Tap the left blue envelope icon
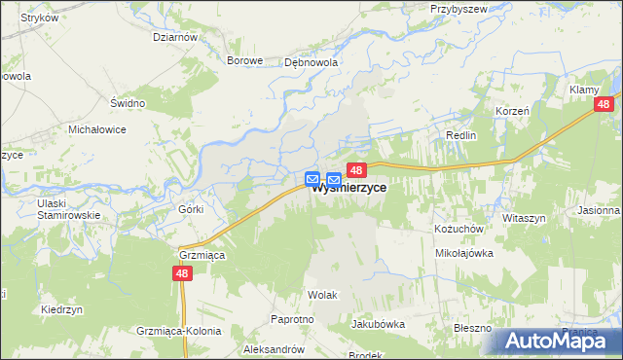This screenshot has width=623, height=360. [x=312, y=179]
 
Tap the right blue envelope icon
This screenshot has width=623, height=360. [x=334, y=179]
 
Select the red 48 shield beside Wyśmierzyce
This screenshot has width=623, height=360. [x=355, y=170]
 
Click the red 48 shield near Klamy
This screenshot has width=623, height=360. [x=605, y=104]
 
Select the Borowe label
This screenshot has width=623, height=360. [x=245, y=60]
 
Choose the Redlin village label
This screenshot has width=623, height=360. [x=460, y=135]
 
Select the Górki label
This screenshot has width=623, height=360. [x=190, y=209]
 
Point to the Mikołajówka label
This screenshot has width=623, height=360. [x=463, y=252]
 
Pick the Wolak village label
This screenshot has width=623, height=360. [x=322, y=293]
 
